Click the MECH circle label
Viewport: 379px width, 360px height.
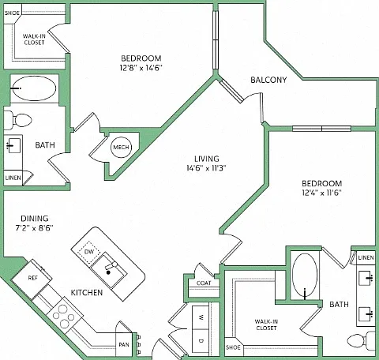coord(121,148)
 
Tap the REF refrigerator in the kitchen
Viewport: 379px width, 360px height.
coord(32,279)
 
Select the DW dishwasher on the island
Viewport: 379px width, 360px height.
coord(89,252)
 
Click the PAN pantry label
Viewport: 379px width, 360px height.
coord(124,344)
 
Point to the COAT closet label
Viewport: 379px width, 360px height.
coord(204,283)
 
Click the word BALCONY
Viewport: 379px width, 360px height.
coord(268,80)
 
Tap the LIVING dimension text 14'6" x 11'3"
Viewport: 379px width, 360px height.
coord(206,168)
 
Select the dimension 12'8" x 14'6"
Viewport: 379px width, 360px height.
coord(141,68)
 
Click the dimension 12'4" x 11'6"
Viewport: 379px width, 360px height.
coord(321,193)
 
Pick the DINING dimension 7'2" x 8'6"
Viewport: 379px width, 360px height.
coord(35,228)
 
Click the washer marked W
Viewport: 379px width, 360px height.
coord(201,317)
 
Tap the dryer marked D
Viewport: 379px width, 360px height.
coord(201,341)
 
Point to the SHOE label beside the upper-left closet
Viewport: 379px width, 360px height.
coord(12,13)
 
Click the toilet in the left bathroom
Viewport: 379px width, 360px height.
coord(18,120)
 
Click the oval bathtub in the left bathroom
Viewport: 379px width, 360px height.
coord(33,88)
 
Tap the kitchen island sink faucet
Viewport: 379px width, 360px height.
coord(111,267)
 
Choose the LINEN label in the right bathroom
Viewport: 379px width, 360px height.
coord(366,257)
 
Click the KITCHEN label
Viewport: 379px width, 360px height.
coord(87,293)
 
